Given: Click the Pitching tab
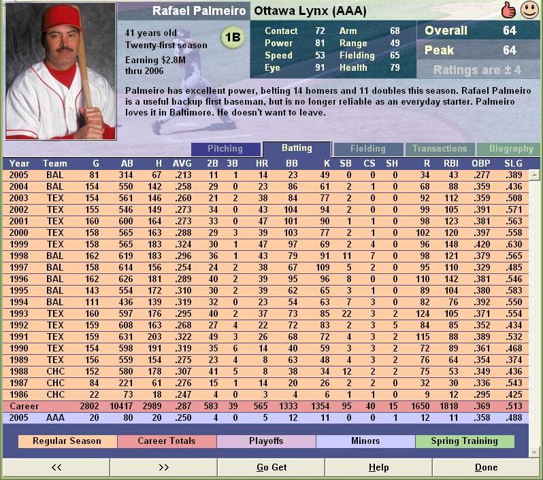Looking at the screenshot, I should coord(225,149).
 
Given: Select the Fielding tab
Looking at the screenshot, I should coord(367,149).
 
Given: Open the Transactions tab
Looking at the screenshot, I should coord(440,149).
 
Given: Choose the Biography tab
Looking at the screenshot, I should coord(510,149).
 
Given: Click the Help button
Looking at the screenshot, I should coord(378,467).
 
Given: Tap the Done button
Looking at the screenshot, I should coord(486,467).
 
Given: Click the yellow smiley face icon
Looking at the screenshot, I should coord(529,10).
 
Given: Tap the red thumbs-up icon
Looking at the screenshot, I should coord(508,10).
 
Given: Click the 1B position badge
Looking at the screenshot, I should coord(233,39).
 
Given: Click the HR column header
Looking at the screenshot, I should coord(262,163).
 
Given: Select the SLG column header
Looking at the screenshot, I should coord(513,163).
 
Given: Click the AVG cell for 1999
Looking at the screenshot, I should coord(182,244).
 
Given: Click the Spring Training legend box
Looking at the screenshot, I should coord(464,441).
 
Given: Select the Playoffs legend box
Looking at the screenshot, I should coord(266,441).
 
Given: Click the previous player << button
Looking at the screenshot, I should coord(56,467).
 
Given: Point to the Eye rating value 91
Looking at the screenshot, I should coord(320,67).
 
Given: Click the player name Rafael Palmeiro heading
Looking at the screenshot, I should coord(199,11).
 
